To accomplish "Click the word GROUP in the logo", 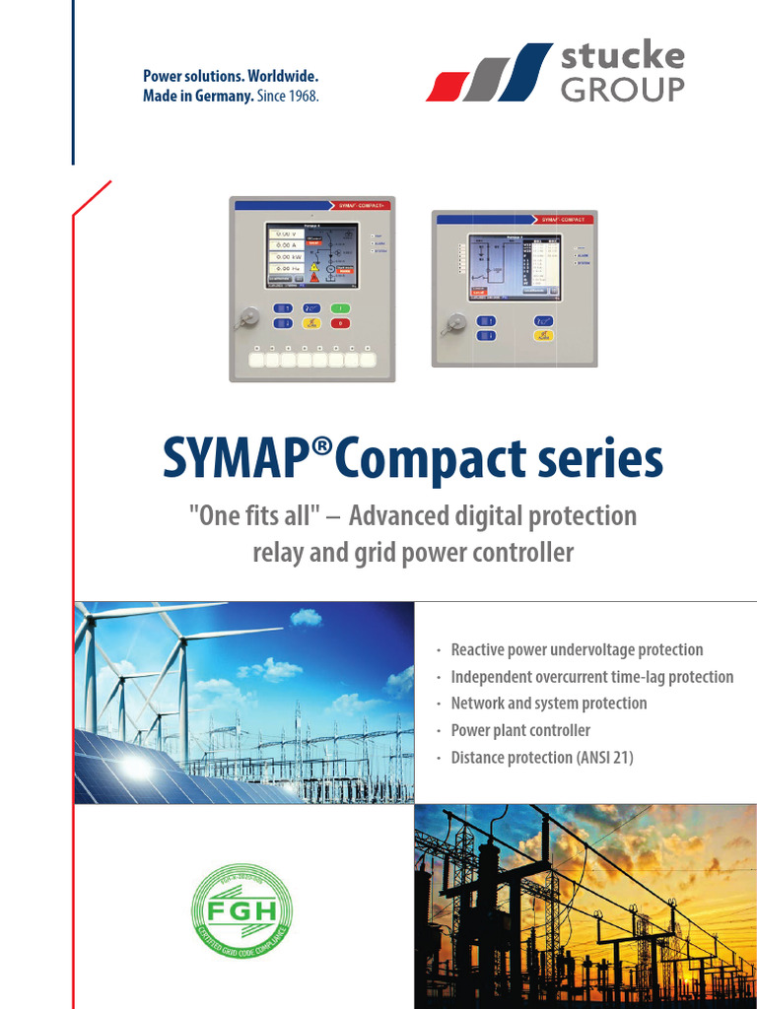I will tap(622, 90).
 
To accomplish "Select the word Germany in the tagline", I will tap(222, 97).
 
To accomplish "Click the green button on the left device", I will tap(340, 307).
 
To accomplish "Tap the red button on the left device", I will tap(340, 323).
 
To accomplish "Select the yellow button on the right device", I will tap(542, 336).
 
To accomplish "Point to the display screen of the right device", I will tap(514, 265).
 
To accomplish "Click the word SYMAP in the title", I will tap(236, 461).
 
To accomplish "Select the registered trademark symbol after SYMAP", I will tap(319, 448).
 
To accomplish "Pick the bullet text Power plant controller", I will tap(520, 730).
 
